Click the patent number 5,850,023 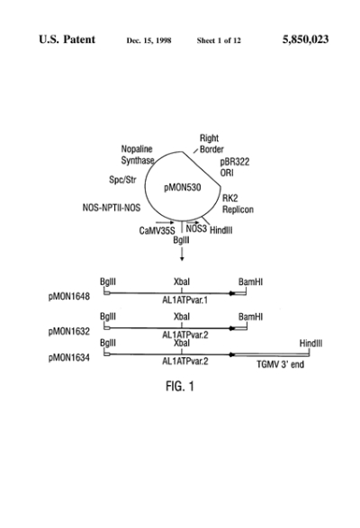[x=305, y=40]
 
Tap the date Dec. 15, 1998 [x=148, y=40]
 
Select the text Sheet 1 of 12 [x=219, y=40]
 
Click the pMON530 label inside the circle [x=183, y=188]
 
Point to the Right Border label [x=211, y=144]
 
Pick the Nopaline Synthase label [x=138, y=155]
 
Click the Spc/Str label [x=122, y=180]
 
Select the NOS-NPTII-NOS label [x=112, y=208]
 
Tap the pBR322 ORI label [x=235, y=167]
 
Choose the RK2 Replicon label [x=238, y=204]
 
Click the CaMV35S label [x=157, y=231]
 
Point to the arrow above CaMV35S [x=165, y=222]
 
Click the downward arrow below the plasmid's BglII [x=182, y=254]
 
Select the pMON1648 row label [x=69, y=297]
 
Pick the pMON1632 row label [x=69, y=332]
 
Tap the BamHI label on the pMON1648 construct [x=250, y=282]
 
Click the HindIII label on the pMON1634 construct [x=310, y=344]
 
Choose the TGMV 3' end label [x=280, y=364]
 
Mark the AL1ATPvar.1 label [x=185, y=300]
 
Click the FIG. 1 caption [x=180, y=386]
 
